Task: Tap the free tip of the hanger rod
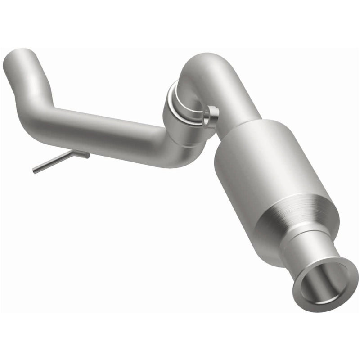click(34, 171)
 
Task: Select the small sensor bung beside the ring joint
click(210, 117)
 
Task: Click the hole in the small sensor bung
click(207, 120)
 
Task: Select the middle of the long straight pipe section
click(103, 130)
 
